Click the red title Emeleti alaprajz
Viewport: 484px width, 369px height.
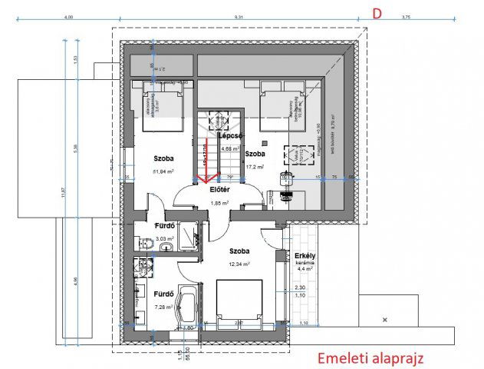point(370,357)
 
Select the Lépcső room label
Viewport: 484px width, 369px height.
point(231,135)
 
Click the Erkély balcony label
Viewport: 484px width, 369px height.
point(306,255)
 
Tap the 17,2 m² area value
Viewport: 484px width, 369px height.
point(255,166)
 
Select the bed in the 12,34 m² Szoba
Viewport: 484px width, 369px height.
point(239,302)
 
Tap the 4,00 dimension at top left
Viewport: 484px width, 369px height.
point(68,16)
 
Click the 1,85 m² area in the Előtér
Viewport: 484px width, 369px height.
point(221,203)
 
